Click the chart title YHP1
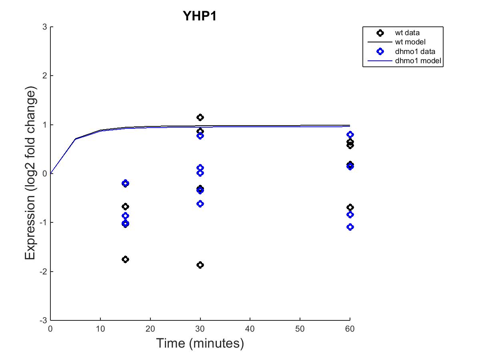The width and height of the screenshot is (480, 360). click(x=199, y=16)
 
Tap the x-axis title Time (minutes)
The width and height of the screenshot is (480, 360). click(x=200, y=343)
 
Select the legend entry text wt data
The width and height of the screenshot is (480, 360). click(x=407, y=32)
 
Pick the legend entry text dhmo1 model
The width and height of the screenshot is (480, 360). click(x=415, y=61)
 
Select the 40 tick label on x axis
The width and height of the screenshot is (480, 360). click(x=250, y=329)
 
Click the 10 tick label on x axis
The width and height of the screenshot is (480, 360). click(x=100, y=329)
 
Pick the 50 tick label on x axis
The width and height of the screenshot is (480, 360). click(x=300, y=329)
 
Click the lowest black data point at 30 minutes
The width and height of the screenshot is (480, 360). click(x=200, y=265)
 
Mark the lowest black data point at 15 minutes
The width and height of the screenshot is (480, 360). click(x=125, y=259)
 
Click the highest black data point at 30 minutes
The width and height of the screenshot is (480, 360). click(x=200, y=117)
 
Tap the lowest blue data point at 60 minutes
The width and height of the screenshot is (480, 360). click(x=350, y=227)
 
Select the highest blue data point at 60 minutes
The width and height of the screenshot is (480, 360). click(x=350, y=134)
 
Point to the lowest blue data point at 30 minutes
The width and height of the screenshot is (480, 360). click(x=200, y=204)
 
